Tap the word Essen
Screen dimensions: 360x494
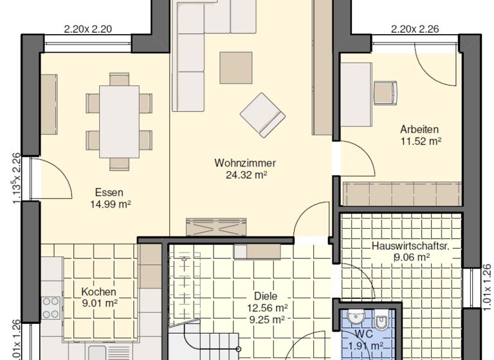click(x=109, y=192)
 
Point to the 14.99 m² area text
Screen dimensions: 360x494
click(x=109, y=204)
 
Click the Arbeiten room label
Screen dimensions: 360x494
click(x=419, y=129)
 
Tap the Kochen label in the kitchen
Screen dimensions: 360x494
click(x=99, y=292)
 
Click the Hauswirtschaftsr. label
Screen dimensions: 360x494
click(x=410, y=246)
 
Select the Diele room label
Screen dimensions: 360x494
click(x=266, y=296)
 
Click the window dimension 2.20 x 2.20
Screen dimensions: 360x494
click(x=88, y=28)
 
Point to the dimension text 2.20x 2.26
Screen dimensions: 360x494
click(x=415, y=28)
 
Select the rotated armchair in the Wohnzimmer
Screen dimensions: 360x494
click(x=262, y=114)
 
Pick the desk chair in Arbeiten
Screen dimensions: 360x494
click(x=385, y=91)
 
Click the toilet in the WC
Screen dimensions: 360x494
click(x=381, y=319)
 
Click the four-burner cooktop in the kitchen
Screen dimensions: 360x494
click(x=50, y=307)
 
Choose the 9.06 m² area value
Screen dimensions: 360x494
click(x=412, y=258)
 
